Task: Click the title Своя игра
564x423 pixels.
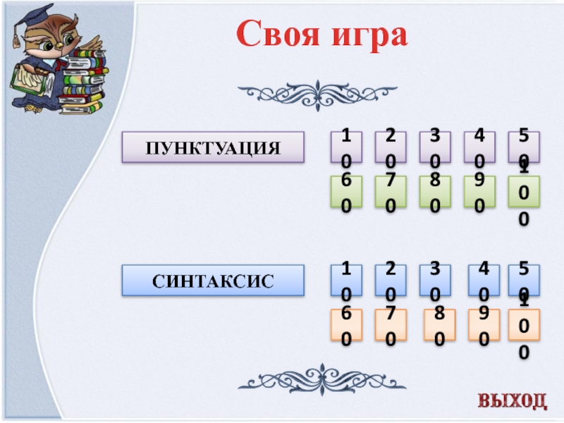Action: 321,34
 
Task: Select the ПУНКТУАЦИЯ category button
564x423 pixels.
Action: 214,147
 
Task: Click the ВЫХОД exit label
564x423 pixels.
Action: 513,400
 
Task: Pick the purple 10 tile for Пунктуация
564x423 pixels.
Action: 347,147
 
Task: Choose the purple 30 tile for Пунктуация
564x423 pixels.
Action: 435,147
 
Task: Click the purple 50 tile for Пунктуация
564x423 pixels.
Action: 523,147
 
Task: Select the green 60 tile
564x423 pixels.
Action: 347,192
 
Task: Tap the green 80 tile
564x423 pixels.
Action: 435,192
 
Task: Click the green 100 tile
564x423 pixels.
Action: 523,192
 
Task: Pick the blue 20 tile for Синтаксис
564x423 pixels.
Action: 391,280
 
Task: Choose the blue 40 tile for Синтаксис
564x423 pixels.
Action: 484,280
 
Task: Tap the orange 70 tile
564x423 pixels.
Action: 391,325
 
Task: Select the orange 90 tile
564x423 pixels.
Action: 484,325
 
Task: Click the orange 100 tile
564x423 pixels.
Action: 523,325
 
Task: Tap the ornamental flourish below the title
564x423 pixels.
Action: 317,92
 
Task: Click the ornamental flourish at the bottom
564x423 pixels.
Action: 317,381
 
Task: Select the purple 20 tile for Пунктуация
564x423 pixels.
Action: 391,147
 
